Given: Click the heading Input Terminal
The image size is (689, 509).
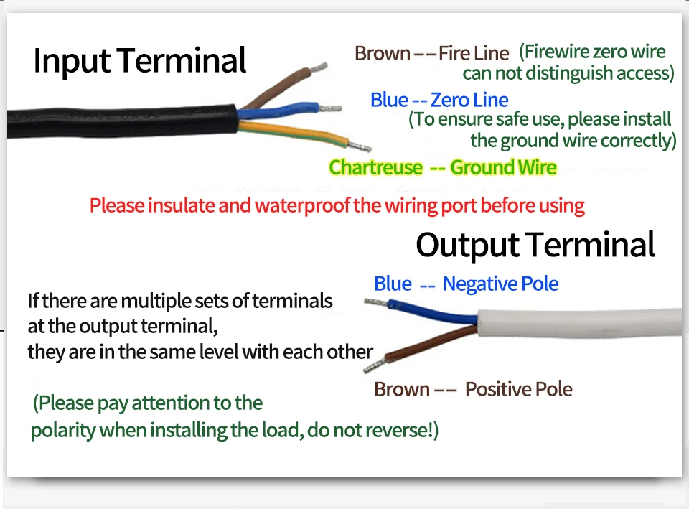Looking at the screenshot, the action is pos(139,60).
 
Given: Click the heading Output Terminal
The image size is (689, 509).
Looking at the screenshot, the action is pos(535,245).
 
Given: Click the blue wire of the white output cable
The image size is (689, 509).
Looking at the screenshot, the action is pos(431,310).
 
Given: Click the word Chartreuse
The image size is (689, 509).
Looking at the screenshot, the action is pos(375,168).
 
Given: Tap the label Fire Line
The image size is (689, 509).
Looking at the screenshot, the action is pos(474,53).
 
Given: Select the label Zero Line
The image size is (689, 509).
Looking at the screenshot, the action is pos(469,101).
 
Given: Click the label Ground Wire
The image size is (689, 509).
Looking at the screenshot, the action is pos(503,168).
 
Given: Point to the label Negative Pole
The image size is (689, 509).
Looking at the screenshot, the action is pos(500,284).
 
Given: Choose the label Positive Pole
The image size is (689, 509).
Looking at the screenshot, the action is pos(518,390).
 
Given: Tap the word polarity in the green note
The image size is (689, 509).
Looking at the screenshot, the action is pos(62,431).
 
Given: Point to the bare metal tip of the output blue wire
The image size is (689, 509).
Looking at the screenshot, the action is pos(374,302).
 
